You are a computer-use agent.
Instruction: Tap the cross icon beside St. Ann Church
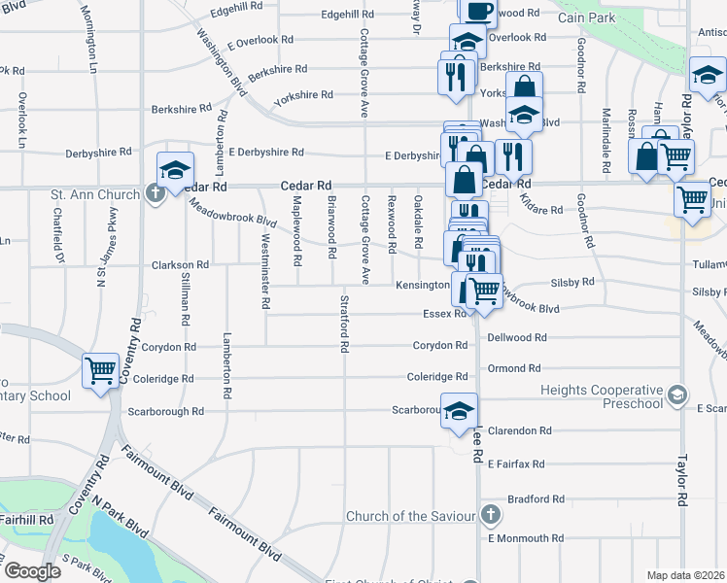pos(155,194)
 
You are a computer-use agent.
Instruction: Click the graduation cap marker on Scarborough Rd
pos(459,410)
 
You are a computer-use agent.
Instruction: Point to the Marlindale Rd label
pos(606,134)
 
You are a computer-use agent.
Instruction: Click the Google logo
pos(31,571)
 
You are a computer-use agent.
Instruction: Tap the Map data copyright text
pos(686,575)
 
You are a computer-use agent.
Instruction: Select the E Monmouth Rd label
pos(525,537)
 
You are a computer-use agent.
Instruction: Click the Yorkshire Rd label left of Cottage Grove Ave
pos(302,95)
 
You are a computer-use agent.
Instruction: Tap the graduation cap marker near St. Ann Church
pos(176,171)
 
